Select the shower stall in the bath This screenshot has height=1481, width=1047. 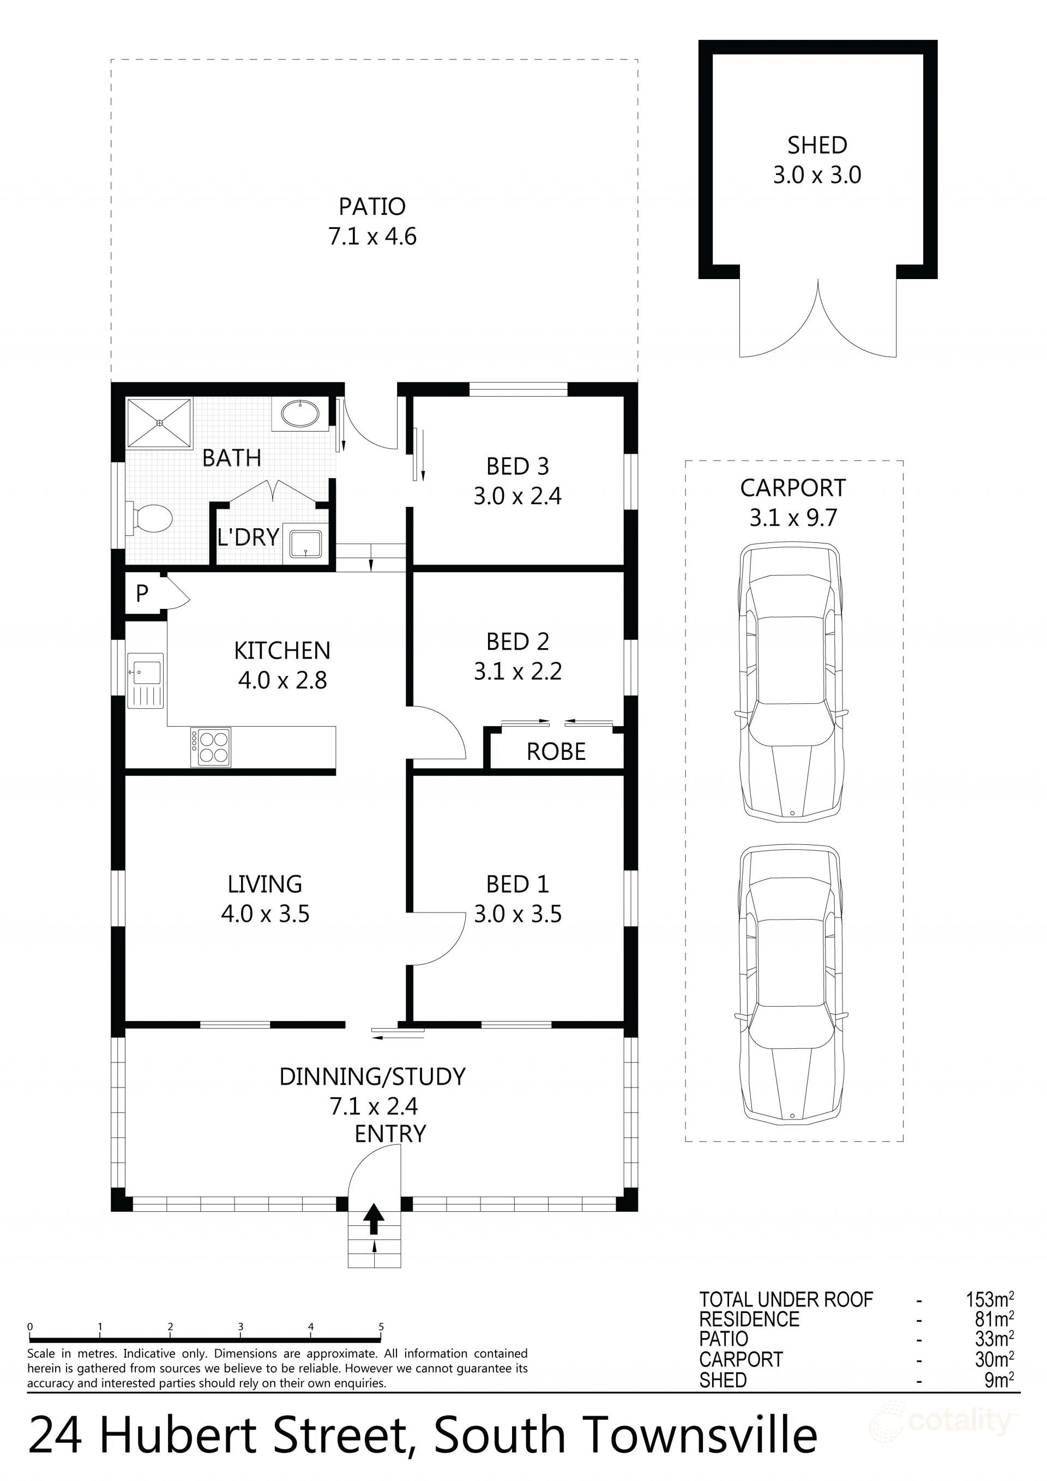[159, 422]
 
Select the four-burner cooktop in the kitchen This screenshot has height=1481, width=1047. [210, 747]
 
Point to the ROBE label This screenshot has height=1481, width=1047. [556, 752]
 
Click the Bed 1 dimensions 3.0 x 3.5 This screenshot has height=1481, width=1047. [518, 914]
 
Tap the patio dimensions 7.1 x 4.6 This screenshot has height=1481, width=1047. [372, 237]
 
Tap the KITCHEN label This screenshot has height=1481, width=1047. [282, 651]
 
